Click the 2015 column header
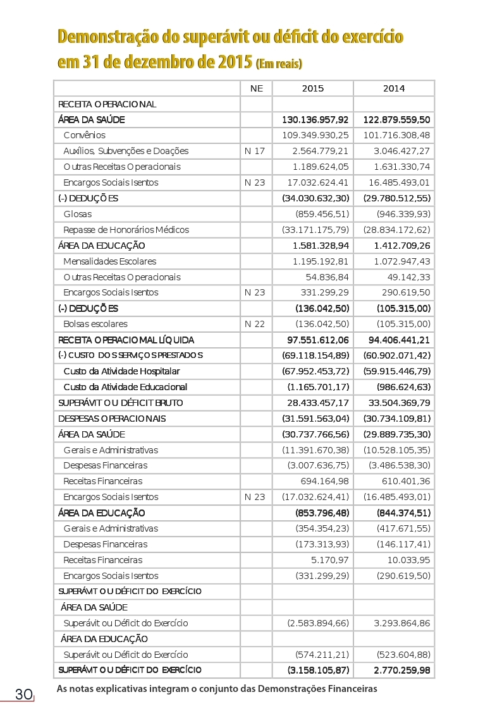click(x=312, y=88)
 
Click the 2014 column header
click(x=394, y=88)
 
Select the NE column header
click(x=256, y=88)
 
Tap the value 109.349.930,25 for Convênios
click(x=315, y=135)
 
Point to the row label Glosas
click(x=77, y=214)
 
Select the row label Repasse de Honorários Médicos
click(x=126, y=230)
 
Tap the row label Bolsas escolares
click(x=95, y=324)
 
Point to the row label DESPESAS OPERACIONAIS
click(x=111, y=419)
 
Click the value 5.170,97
click(x=331, y=560)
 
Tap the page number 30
click(x=24, y=694)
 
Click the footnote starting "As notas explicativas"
click(x=216, y=688)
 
